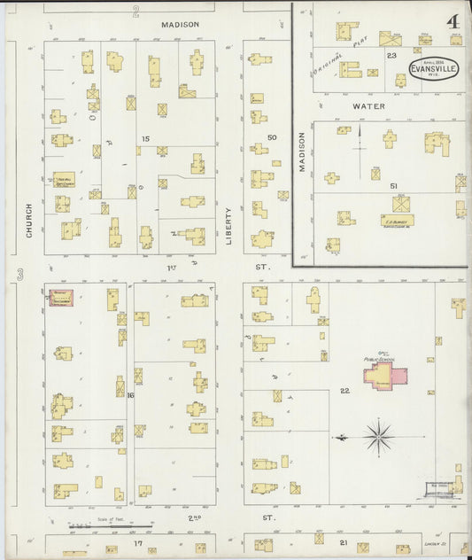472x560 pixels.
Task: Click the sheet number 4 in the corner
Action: tap(452, 20)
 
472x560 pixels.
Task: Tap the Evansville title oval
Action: tap(433, 71)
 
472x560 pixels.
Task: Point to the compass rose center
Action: tap(378, 436)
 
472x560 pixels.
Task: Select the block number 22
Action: tap(344, 391)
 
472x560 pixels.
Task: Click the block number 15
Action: tap(144, 139)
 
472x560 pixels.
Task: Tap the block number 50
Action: tap(273, 137)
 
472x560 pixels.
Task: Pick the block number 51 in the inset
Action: tap(393, 186)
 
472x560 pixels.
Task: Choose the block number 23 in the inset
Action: tap(391, 55)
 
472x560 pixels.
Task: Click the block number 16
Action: tap(130, 395)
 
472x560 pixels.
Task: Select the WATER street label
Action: tap(369, 106)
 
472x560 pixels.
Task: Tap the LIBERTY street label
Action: tap(228, 226)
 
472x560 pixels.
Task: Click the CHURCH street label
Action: tap(29, 220)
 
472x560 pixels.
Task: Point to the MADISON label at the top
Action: tap(180, 25)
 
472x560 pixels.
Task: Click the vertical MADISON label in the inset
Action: tap(302, 153)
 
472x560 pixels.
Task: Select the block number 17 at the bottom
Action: tap(137, 542)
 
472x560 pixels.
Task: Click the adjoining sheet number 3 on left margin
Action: tap(19, 278)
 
